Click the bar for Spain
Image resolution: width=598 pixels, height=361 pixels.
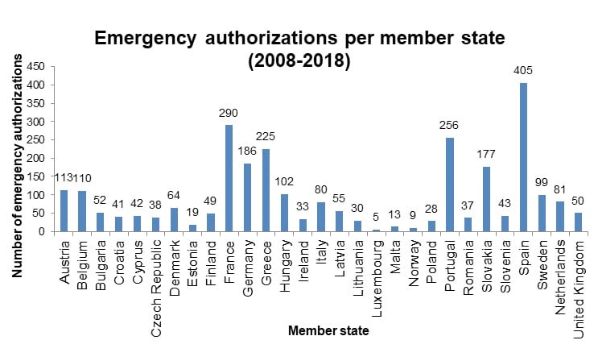click(523, 157)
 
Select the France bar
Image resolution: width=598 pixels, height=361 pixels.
click(229, 178)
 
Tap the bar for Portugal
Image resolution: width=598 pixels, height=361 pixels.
click(450, 185)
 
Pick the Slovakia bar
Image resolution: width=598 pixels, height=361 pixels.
click(486, 199)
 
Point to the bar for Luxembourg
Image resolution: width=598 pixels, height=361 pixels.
click(376, 230)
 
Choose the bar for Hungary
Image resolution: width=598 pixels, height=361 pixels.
click(284, 213)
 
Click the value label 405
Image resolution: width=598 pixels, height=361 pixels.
click(523, 70)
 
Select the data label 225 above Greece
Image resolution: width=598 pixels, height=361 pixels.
click(266, 136)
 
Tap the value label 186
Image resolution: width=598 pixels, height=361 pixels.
click(247, 151)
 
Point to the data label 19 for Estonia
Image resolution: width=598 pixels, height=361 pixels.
click(192, 212)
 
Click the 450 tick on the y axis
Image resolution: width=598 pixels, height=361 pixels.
click(35, 67)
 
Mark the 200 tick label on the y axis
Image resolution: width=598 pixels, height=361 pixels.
click(35, 158)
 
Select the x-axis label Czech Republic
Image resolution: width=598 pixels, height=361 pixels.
click(156, 288)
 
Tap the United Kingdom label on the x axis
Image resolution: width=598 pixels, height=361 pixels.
click(579, 289)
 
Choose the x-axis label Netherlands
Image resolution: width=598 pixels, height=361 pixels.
click(560, 277)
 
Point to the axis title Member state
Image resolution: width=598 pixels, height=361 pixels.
click(328, 330)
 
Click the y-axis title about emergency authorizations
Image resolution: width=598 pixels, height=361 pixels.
click(17, 165)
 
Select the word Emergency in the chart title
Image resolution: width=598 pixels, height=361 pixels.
click(146, 38)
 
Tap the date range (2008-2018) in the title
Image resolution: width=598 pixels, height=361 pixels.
click(299, 61)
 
